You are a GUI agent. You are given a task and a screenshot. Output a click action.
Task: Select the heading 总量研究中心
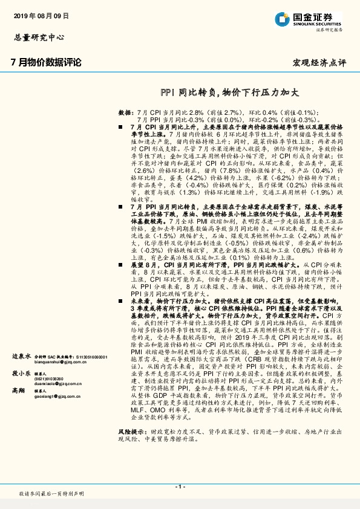39,36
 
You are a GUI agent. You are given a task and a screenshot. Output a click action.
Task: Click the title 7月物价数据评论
47,62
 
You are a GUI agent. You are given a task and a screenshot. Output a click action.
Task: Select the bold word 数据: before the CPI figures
125,113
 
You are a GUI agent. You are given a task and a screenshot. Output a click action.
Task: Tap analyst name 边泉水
21,357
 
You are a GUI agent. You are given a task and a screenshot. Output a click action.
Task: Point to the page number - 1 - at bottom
180,486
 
